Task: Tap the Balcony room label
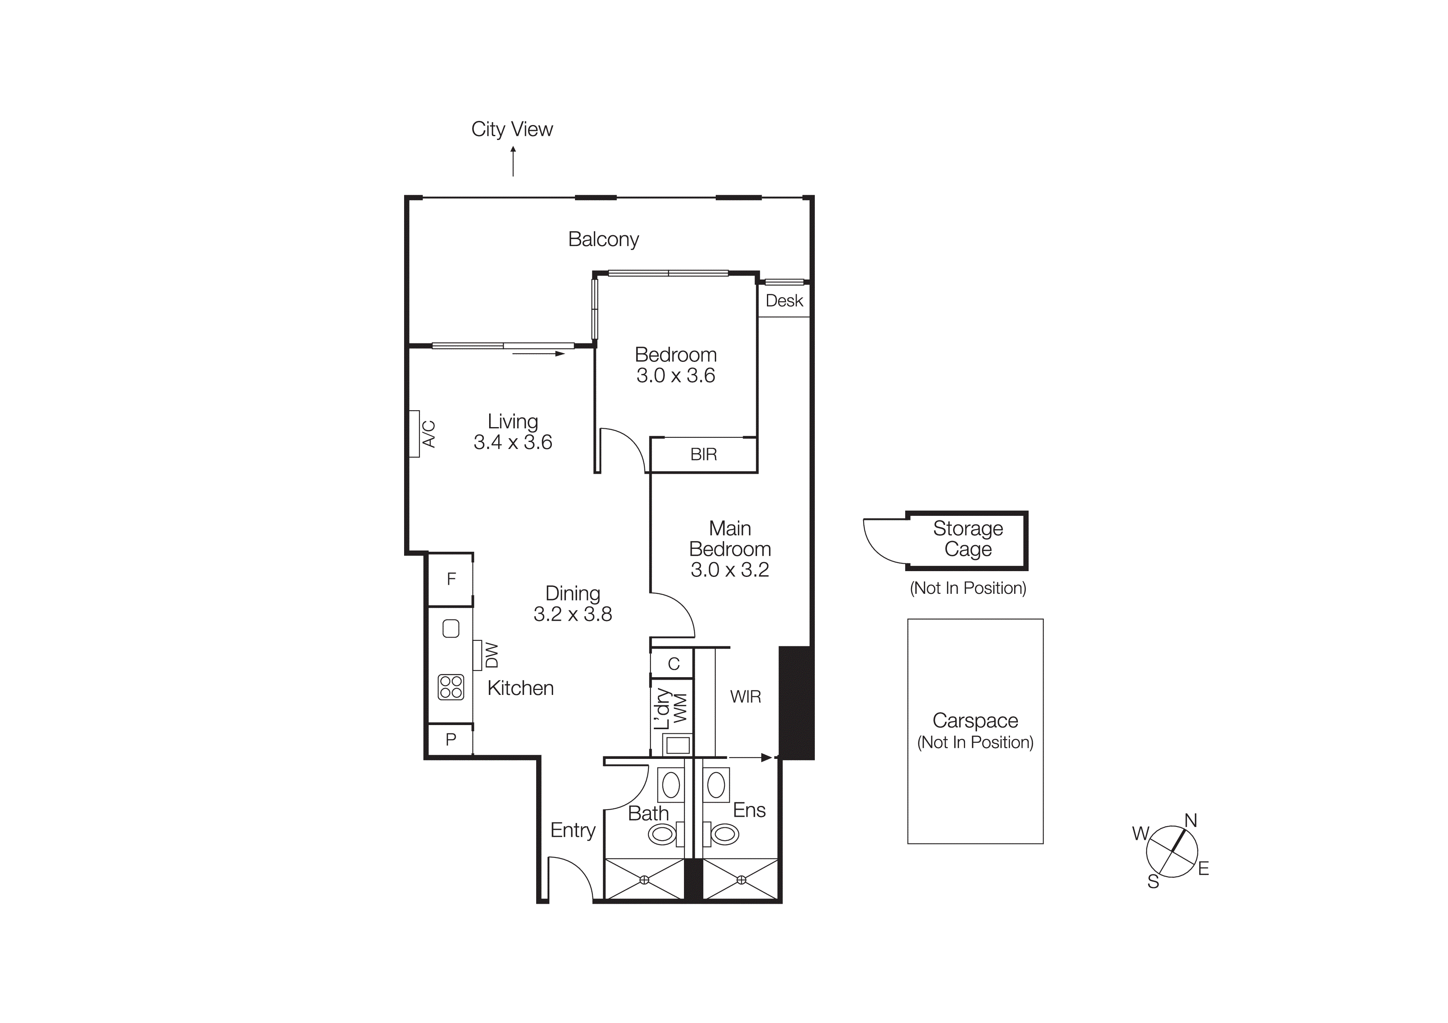[603, 239]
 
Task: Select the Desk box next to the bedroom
[784, 301]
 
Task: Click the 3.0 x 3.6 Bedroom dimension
[675, 376]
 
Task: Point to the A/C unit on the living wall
[415, 434]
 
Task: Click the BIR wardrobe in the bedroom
[703, 454]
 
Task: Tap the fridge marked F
[451, 579]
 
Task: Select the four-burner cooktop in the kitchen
[451, 687]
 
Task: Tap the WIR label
[745, 697]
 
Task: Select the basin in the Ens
[717, 785]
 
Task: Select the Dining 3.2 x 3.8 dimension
[573, 614]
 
